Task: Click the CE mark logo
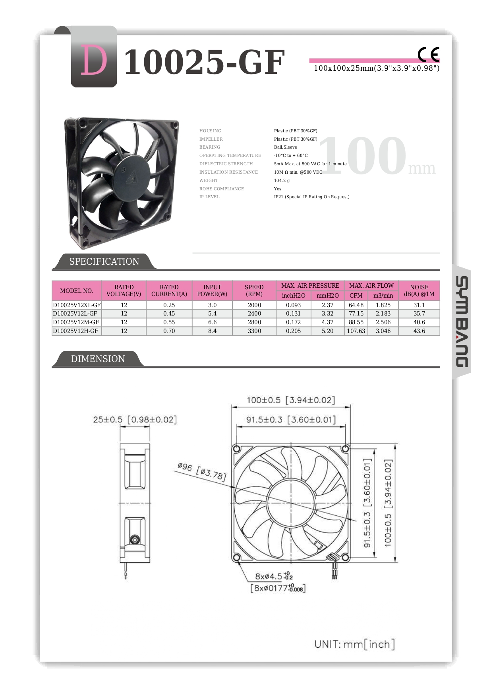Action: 428,54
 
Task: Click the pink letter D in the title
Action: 94,61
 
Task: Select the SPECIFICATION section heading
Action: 104,261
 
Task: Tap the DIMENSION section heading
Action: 98,359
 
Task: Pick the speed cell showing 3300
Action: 254,331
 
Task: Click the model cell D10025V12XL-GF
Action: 77,305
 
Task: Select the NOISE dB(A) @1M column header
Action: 419,290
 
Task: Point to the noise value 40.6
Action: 419,322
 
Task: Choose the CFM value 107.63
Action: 356,331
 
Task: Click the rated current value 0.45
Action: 169,314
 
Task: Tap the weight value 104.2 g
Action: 282,180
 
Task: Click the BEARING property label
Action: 209,147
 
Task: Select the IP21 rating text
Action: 311,197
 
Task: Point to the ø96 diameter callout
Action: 202,471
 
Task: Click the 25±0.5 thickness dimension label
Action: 135,420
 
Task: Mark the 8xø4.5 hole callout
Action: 274,576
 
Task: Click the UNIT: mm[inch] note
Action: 354,644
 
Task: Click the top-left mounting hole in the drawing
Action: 237,449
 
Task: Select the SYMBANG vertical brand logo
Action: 462,321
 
